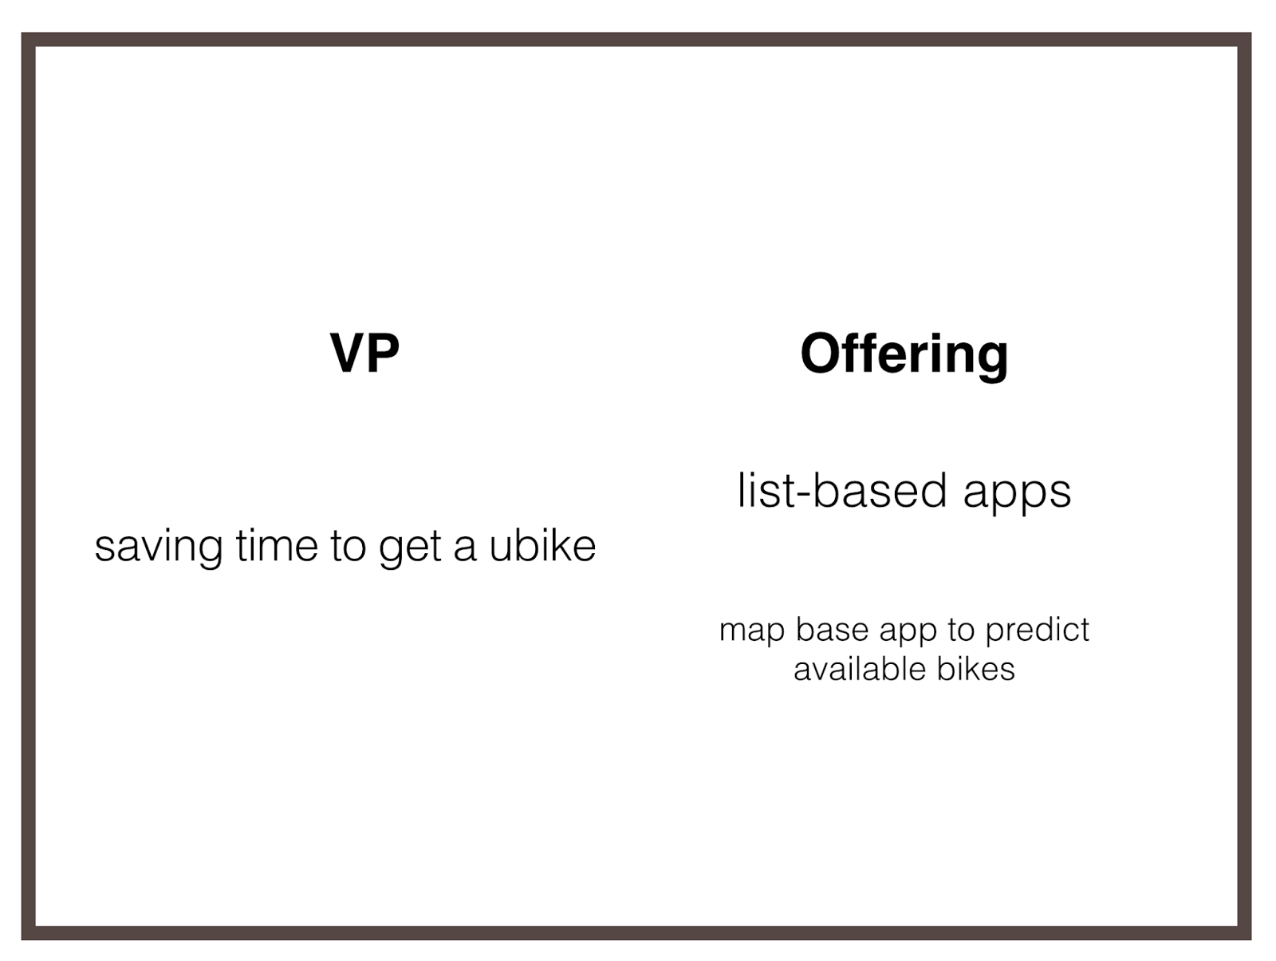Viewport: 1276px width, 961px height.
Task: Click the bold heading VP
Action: click(364, 353)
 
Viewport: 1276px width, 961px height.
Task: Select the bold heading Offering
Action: click(904, 355)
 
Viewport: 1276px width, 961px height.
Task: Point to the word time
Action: click(277, 545)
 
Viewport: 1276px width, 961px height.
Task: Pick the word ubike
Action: click(542, 545)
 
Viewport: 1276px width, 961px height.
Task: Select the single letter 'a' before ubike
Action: click(465, 550)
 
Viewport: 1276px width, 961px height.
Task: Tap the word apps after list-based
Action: click(1017, 493)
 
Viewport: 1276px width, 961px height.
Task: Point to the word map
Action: click(752, 631)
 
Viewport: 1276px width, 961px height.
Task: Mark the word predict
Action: click(1037, 631)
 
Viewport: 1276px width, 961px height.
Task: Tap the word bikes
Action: click(976, 669)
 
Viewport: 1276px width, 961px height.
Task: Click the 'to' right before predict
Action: click(960, 630)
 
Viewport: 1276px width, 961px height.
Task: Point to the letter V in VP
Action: click(348, 353)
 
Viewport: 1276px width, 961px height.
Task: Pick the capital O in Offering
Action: click(821, 353)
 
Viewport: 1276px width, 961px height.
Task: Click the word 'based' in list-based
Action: click(880, 492)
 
